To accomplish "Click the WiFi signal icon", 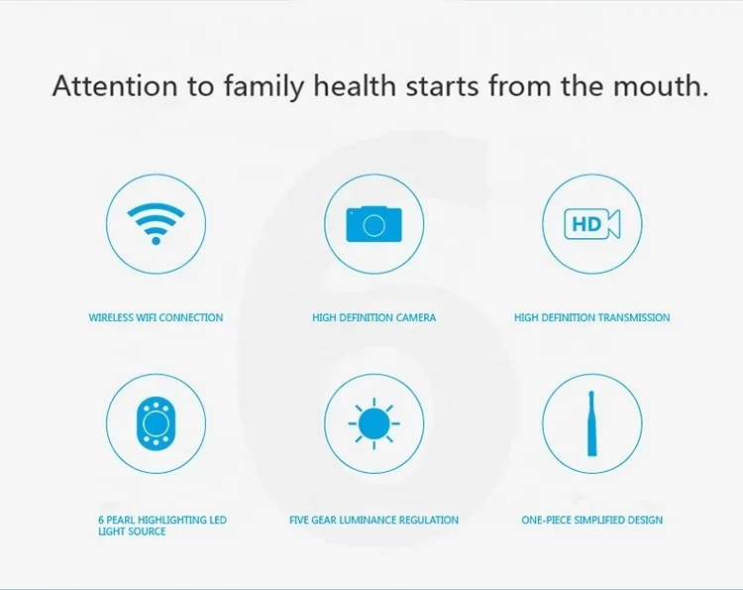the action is point(156,224).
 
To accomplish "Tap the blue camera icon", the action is point(373,224).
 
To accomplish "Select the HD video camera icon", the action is point(592,224).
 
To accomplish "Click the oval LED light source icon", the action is point(156,423).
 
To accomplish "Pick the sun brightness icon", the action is point(373,423).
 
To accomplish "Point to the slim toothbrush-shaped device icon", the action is point(591,423).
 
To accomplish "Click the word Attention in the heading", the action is point(115,86).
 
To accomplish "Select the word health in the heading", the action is point(355,86).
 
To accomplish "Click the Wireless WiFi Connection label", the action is point(156,317).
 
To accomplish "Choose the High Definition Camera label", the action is point(373,317).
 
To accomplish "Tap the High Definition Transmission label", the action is point(591,317).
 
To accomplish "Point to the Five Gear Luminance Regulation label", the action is point(373,520).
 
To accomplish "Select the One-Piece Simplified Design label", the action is point(591,520).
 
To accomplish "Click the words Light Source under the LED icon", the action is point(132,531).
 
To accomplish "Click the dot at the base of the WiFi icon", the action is point(156,241).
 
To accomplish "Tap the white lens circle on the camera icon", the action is point(373,226).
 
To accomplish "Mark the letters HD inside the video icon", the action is point(586,224).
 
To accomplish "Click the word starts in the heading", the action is point(443,87).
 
